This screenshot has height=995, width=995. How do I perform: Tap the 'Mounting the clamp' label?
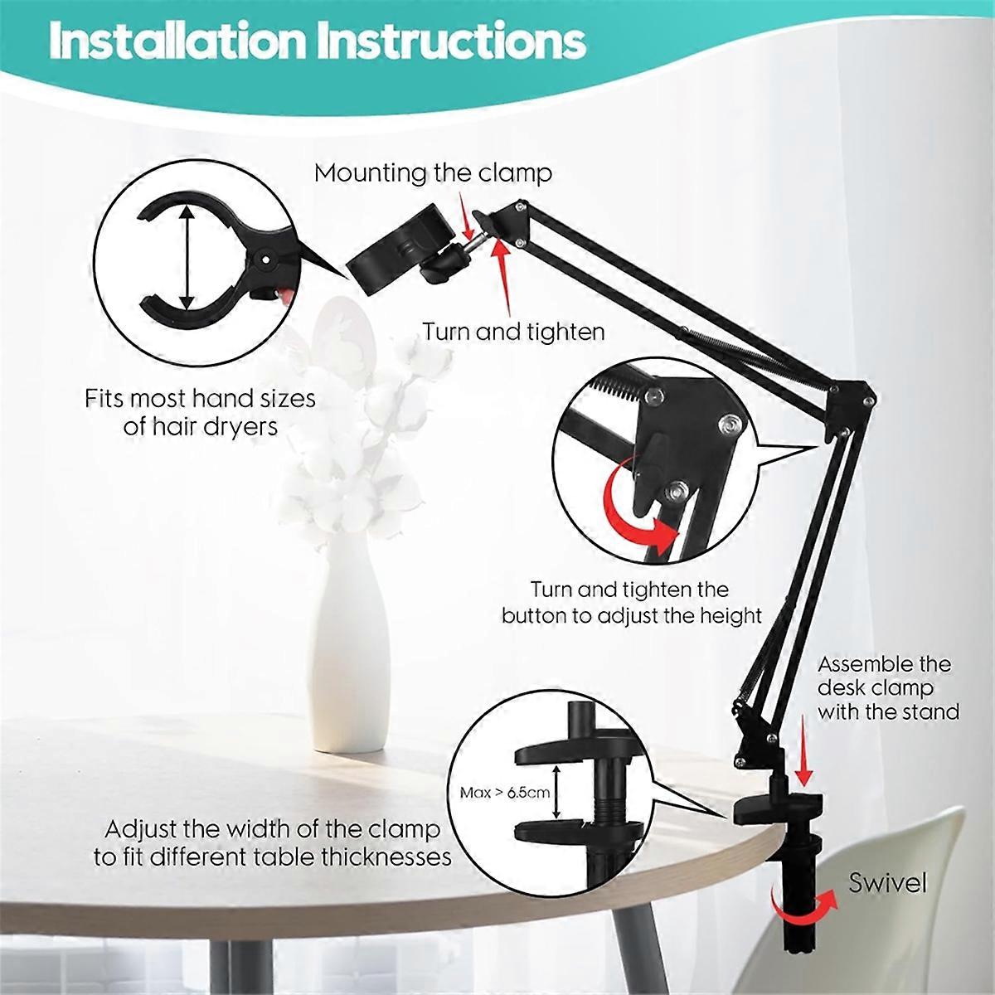point(433,173)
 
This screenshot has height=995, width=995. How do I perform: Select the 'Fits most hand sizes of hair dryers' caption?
point(201,412)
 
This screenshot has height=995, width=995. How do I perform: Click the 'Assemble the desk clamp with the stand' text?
point(887,687)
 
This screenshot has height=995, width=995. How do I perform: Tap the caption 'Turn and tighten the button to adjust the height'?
point(632,602)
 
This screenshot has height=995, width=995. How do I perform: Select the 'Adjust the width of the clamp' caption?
point(273,830)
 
